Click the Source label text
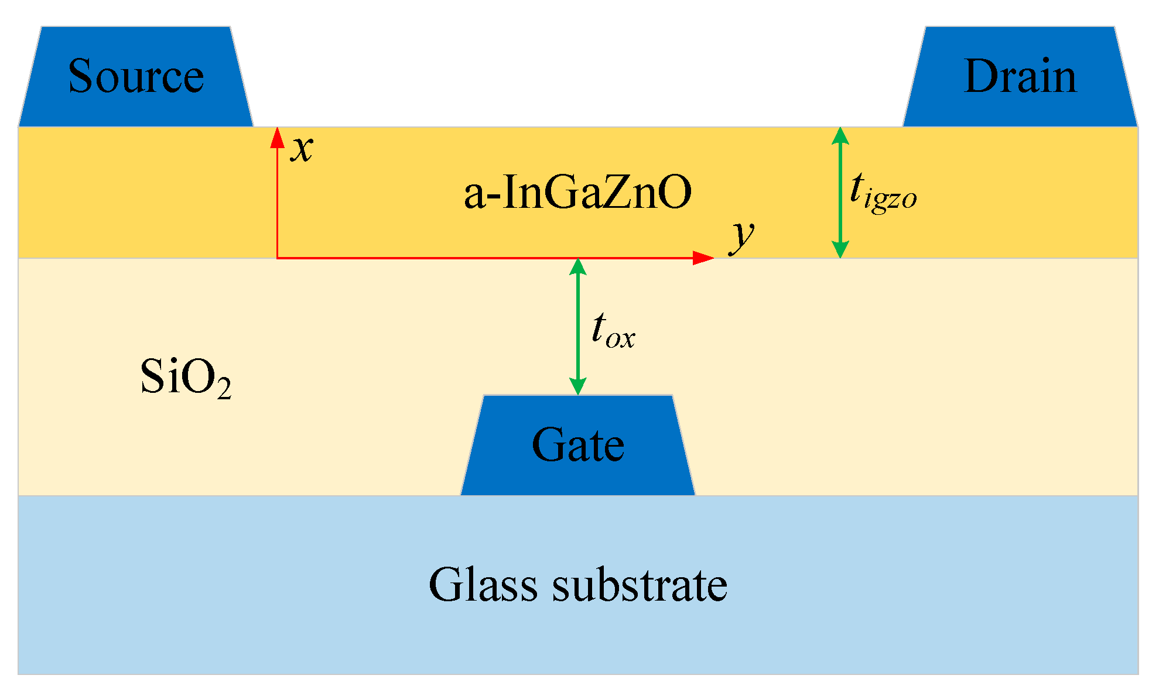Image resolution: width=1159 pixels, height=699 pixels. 136,76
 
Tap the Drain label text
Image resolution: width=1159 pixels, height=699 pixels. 1020,76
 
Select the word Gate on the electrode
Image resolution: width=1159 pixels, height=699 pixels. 577,445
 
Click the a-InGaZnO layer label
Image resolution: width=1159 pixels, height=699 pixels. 577,193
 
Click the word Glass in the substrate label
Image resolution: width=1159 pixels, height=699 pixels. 483,584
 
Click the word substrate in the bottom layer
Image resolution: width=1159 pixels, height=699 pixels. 640,584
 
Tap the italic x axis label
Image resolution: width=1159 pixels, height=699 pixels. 302,149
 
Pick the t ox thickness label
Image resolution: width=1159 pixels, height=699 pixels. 613,331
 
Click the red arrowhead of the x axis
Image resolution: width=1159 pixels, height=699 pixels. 277,137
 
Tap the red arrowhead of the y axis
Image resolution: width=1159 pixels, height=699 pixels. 703,258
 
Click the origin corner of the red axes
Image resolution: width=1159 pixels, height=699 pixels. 277,258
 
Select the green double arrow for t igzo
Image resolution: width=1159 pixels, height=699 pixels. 840,193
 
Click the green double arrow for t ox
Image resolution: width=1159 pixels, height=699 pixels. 578,327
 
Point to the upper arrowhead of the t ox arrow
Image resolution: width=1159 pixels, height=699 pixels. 578,267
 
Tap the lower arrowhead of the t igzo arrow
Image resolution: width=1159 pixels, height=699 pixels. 840,249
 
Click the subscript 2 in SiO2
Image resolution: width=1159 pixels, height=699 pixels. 224,389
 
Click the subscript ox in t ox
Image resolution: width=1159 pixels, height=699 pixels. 621,339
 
